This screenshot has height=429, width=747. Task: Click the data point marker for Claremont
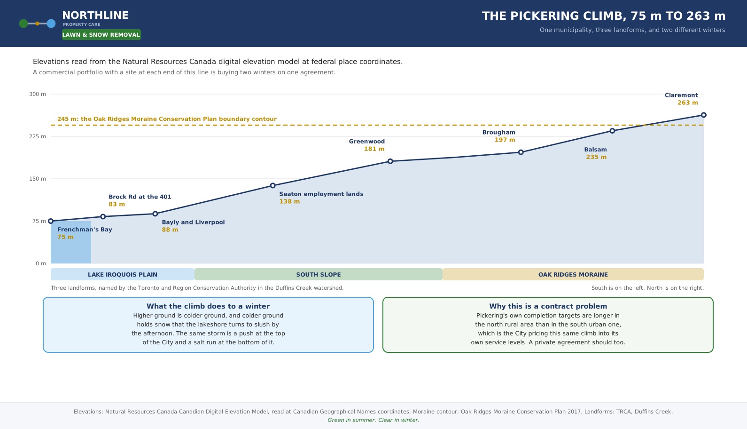pyautogui.click(x=704, y=115)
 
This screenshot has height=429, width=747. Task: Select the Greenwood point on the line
pyautogui.click(x=390, y=161)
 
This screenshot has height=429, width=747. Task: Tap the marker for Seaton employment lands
pyautogui.click(x=273, y=186)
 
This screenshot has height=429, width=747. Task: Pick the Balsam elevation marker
pyautogui.click(x=612, y=131)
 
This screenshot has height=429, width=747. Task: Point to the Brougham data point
pyautogui.click(x=521, y=152)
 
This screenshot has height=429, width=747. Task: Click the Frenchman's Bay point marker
pyautogui.click(x=51, y=221)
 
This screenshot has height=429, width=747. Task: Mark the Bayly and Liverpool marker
pyautogui.click(x=155, y=214)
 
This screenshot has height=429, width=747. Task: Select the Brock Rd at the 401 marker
pyautogui.click(x=103, y=217)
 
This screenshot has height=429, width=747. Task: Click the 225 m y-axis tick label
pyautogui.click(x=38, y=136)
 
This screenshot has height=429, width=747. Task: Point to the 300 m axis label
pyautogui.click(x=38, y=94)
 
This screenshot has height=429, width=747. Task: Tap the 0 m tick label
pyautogui.click(x=41, y=263)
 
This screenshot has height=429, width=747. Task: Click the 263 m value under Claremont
pyautogui.click(x=688, y=103)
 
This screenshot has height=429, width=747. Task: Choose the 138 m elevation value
pyautogui.click(x=289, y=202)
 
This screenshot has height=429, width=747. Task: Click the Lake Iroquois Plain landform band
pyautogui.click(x=123, y=274)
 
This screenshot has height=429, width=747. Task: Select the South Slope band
pyautogui.click(x=319, y=274)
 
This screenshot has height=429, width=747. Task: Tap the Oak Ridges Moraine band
pyautogui.click(x=573, y=274)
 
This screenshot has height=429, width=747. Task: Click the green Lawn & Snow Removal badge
pyautogui.click(x=101, y=35)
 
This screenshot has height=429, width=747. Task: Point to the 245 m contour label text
pyautogui.click(x=167, y=119)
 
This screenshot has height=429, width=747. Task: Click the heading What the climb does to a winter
pyautogui.click(x=208, y=307)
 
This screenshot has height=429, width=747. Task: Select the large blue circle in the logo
pyautogui.click(x=51, y=24)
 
